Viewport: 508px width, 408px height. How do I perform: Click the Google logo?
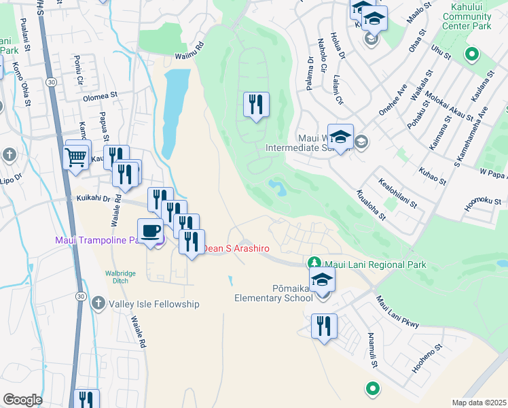tap(22, 400)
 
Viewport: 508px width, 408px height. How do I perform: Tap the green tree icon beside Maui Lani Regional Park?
tap(314, 262)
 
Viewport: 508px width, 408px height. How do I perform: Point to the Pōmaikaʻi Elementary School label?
tap(273, 292)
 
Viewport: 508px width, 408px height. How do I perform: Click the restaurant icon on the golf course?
tap(256, 105)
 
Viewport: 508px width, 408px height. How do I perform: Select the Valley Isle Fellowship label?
tap(154, 304)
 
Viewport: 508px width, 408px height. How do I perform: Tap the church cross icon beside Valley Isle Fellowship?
tap(98, 303)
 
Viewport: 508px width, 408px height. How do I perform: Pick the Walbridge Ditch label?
tap(120, 277)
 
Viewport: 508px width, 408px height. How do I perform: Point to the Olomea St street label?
tap(101, 97)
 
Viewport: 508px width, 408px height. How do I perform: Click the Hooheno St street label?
tap(427, 358)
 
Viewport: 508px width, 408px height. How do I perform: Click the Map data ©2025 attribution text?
tap(478, 403)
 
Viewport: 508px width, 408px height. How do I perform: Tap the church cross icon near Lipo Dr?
tap(9, 155)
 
